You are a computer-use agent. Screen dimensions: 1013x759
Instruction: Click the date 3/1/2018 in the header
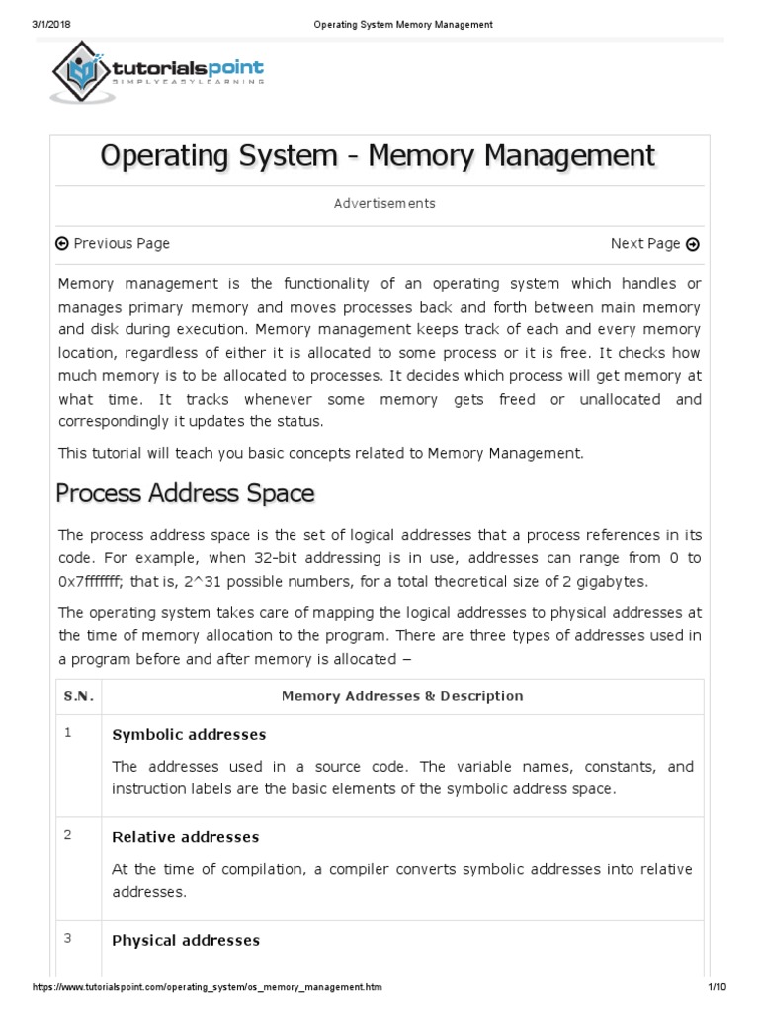pyautogui.click(x=41, y=24)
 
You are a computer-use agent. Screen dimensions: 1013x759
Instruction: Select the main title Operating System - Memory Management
pyautogui.click(x=379, y=156)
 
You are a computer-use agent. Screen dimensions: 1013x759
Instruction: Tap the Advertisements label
pyautogui.click(x=384, y=204)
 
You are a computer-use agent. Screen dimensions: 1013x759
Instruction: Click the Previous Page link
pyautogui.click(x=113, y=244)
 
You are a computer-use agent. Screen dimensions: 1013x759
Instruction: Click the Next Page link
pyautogui.click(x=654, y=244)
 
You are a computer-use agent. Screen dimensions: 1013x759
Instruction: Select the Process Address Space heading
pyautogui.click(x=185, y=492)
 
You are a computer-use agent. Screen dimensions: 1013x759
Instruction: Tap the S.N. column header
pyautogui.click(x=78, y=696)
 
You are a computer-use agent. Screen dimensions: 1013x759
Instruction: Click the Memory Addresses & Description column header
pyautogui.click(x=402, y=696)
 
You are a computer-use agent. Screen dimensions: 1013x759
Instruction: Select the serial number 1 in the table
pyautogui.click(x=68, y=733)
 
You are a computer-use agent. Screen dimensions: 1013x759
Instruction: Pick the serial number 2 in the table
pyautogui.click(x=68, y=835)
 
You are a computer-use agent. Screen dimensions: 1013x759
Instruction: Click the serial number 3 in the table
pyautogui.click(x=68, y=938)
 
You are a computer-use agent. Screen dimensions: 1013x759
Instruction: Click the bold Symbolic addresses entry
pyautogui.click(x=189, y=735)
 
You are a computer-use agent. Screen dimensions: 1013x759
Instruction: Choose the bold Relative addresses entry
pyautogui.click(x=186, y=837)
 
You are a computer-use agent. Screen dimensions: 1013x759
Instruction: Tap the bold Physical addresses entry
pyautogui.click(x=186, y=940)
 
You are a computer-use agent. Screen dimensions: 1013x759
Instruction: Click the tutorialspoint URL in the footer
pyautogui.click(x=208, y=987)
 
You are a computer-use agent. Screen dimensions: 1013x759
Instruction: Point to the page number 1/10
pyautogui.click(x=717, y=987)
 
